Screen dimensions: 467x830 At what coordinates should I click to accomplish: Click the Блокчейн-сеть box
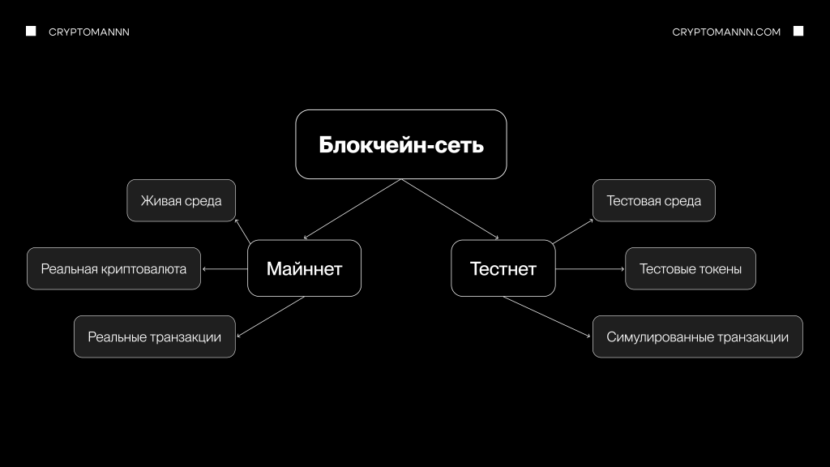(x=401, y=144)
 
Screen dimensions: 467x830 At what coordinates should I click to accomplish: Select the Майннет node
(x=304, y=268)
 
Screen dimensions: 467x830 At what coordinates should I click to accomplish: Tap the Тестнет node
(x=503, y=268)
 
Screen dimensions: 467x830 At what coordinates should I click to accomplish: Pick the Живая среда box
(x=181, y=200)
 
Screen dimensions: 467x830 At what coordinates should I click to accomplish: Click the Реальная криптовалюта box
(x=113, y=268)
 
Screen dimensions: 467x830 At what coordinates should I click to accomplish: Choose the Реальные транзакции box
(x=154, y=336)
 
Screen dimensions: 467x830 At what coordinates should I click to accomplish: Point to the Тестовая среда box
(x=653, y=200)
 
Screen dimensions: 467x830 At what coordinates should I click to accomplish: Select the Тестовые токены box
(x=690, y=268)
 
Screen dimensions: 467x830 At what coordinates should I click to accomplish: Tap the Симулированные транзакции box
(x=697, y=336)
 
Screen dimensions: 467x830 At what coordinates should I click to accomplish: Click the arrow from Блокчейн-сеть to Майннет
(x=353, y=209)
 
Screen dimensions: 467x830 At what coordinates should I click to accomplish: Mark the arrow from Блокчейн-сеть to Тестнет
(x=450, y=209)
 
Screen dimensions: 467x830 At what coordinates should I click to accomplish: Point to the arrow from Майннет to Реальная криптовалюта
(x=225, y=268)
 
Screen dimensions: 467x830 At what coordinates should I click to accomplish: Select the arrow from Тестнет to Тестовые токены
(x=590, y=268)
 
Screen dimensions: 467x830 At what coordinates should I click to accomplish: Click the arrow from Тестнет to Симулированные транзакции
(x=547, y=316)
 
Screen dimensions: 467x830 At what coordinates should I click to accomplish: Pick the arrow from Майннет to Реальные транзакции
(x=270, y=315)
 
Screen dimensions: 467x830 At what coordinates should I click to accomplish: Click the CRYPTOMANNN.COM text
(x=726, y=32)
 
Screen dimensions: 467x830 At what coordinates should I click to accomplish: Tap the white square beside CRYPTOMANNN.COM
(x=798, y=31)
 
